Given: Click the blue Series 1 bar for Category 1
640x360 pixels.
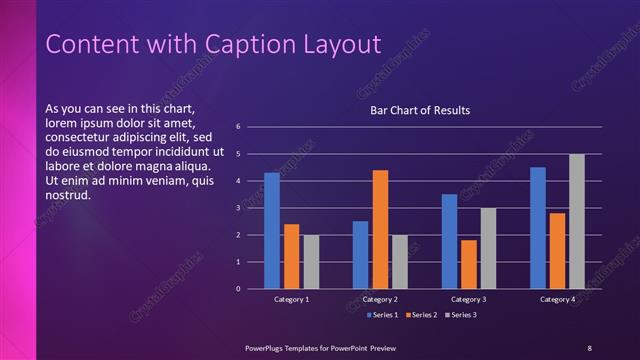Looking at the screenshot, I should click(x=272, y=231).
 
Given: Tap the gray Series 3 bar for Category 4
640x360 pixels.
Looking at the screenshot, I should click(x=577, y=221).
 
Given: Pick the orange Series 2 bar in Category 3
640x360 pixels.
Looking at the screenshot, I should click(x=469, y=264).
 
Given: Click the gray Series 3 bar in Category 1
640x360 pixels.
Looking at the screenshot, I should click(x=311, y=262).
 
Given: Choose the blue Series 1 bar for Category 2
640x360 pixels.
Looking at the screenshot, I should click(x=360, y=255).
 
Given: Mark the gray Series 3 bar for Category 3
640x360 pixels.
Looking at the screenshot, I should click(x=488, y=248).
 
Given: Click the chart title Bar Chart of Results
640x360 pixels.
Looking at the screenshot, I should click(x=420, y=110).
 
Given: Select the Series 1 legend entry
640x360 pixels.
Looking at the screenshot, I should click(x=383, y=315).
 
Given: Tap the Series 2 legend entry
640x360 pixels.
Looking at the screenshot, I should click(x=422, y=315).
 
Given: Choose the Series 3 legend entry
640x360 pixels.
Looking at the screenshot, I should click(x=461, y=315).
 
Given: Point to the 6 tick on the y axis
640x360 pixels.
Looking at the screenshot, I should click(x=238, y=127).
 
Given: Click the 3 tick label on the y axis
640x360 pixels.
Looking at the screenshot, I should click(x=238, y=208).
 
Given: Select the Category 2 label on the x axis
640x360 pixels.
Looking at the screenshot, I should click(x=380, y=299).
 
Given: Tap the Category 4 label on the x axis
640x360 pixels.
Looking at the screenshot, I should click(x=558, y=299).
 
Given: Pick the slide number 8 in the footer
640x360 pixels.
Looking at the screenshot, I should click(x=589, y=347).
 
